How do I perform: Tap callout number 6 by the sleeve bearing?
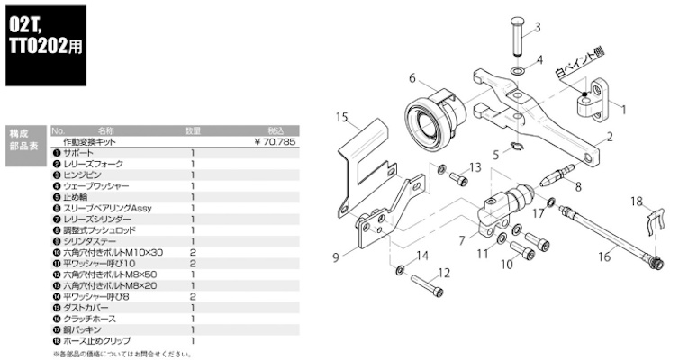click(x=411, y=77)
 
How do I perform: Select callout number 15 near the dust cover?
click(x=341, y=117)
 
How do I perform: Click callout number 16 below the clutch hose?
click(x=603, y=257)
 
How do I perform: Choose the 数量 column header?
click(x=193, y=130)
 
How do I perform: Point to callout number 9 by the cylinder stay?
click(x=335, y=257)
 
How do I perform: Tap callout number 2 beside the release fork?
click(x=610, y=138)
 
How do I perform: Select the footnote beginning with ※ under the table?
click(x=122, y=353)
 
